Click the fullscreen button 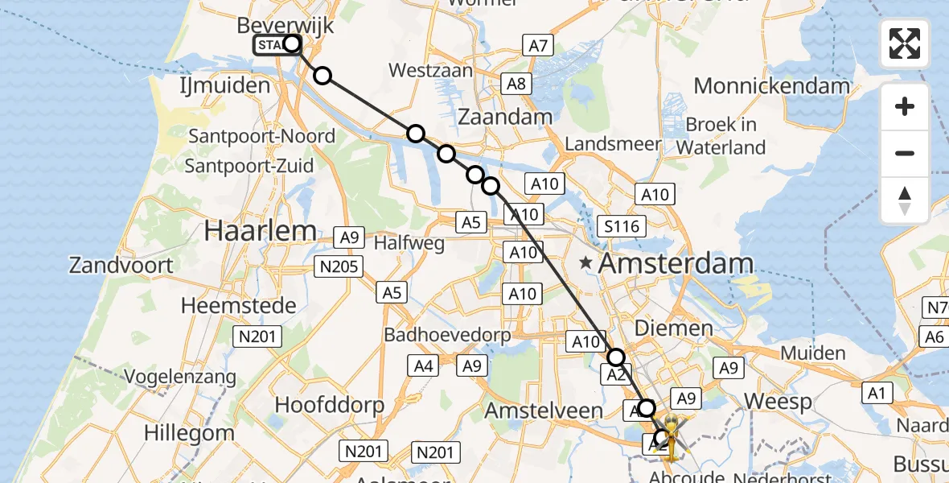[905, 43]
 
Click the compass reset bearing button [905, 200]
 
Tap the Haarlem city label [260, 231]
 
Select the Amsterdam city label [675, 263]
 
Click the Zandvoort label [121, 265]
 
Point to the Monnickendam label [771, 86]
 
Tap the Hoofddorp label [330, 404]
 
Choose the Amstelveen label [544, 411]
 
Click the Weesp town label [777, 401]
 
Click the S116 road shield [622, 226]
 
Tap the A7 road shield [538, 46]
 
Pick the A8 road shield [516, 83]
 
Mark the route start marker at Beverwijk [291, 44]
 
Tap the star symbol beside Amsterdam [587, 262]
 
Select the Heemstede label [238, 306]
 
